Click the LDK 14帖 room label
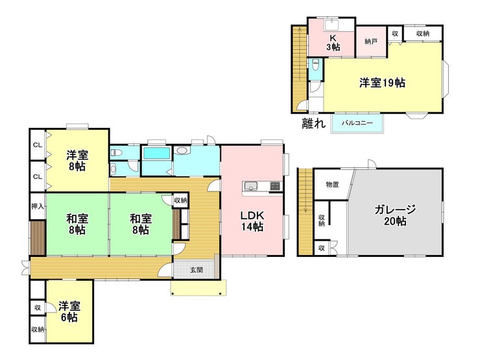252,221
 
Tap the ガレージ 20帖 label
395,215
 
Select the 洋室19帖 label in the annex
382,82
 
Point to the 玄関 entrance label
197,270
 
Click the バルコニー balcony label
357,123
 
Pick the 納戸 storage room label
371,42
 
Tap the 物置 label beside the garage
332,185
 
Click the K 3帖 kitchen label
333,43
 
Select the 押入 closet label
38,206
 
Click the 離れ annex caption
313,123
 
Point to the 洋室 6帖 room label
69,311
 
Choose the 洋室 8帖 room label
77,161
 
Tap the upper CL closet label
38,145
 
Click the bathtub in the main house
157,153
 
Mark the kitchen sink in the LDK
251,186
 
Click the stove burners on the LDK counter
274,186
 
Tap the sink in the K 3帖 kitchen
331,24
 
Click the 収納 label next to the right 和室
180,200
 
